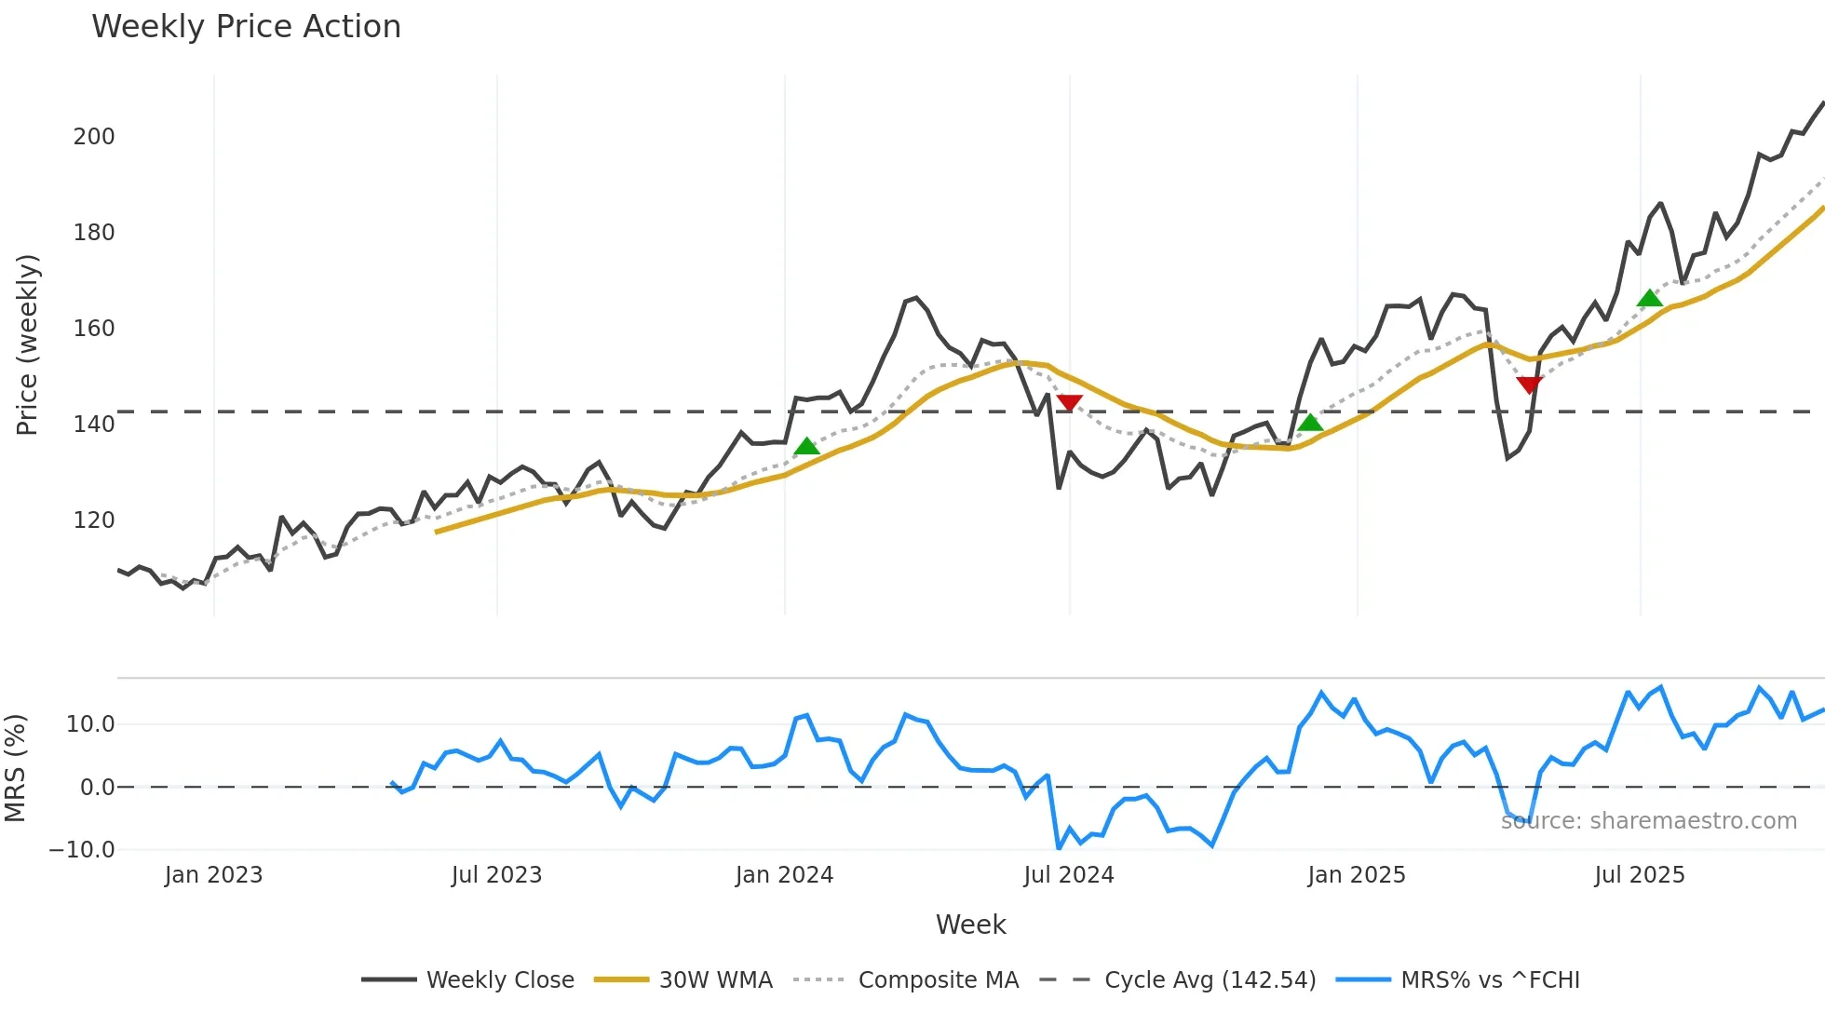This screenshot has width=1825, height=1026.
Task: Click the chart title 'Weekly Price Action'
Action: [246, 27]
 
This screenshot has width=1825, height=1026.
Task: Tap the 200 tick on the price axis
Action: [94, 137]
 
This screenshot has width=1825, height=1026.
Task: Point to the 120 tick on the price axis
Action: [94, 520]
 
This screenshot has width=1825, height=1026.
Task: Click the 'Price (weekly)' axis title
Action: [28, 344]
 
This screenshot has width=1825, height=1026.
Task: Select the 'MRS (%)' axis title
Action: [16, 768]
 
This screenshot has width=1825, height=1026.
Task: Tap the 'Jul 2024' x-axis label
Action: [1068, 875]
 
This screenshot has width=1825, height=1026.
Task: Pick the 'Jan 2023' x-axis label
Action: [213, 875]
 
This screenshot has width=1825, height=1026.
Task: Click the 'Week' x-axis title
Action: [970, 925]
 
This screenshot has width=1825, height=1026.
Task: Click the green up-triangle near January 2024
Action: [806, 447]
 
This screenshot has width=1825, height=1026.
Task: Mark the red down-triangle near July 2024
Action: [1070, 402]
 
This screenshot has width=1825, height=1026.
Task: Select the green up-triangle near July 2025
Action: [1650, 299]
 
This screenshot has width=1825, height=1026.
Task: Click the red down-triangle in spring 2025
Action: [1530, 385]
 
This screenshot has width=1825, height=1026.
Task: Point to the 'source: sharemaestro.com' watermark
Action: [1648, 821]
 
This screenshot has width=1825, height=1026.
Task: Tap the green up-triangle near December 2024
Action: [1310, 423]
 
